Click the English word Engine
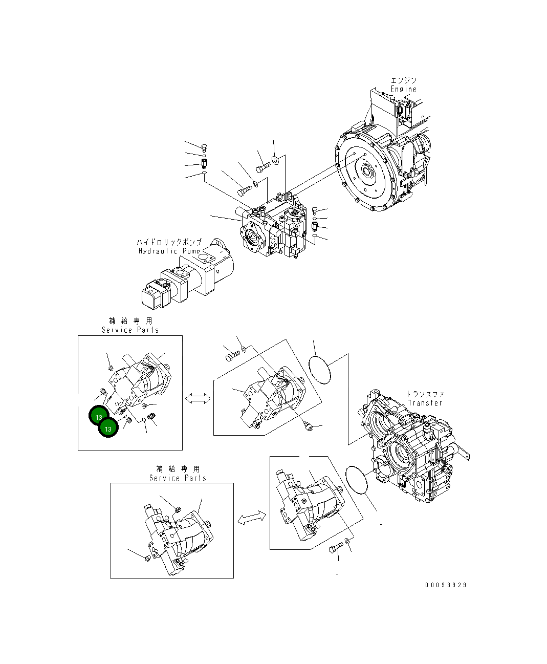(404, 89)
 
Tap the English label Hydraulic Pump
(169, 251)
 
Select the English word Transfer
(425, 403)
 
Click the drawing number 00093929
(445, 585)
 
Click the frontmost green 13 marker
(108, 429)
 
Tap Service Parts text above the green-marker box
(130, 330)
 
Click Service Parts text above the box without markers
(178, 478)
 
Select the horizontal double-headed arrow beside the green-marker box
(198, 398)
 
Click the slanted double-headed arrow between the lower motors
(251, 518)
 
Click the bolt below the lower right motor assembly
(336, 550)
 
